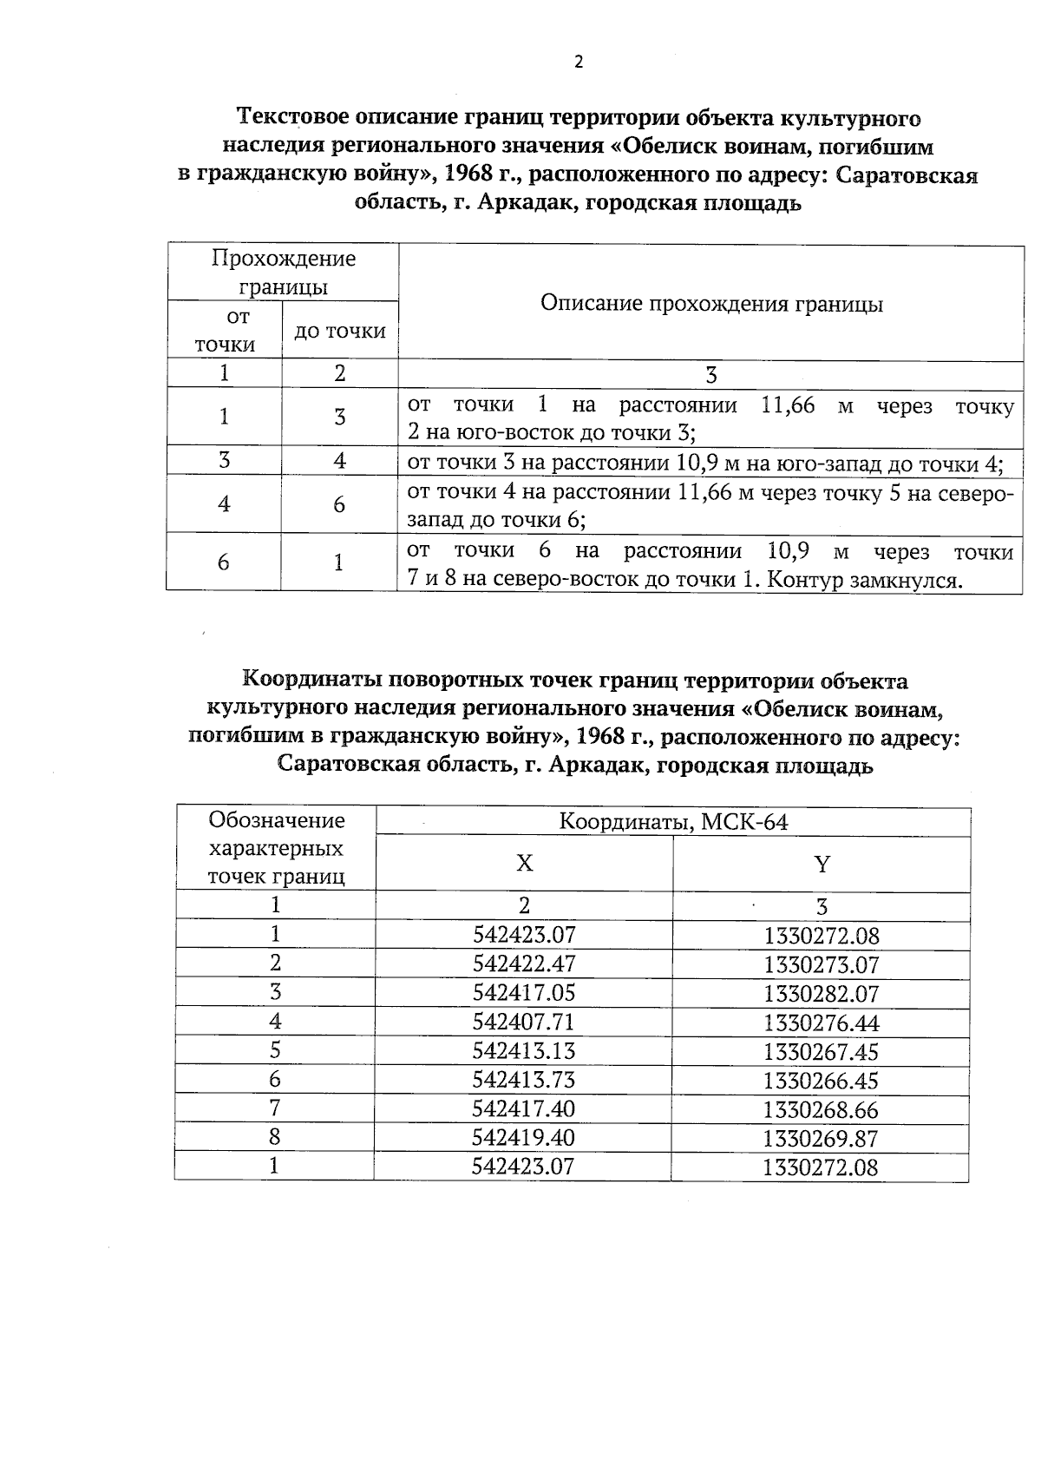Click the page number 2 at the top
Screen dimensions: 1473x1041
point(579,62)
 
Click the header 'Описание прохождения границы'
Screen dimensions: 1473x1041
point(711,304)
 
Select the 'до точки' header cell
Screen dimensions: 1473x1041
point(340,331)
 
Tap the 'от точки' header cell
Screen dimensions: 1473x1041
point(225,331)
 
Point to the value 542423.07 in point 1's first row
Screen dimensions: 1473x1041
point(524,935)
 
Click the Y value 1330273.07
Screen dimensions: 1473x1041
point(822,964)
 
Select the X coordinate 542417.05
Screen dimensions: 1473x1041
point(524,993)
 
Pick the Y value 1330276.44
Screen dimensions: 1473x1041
point(822,1023)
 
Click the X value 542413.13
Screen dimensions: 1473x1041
point(524,1051)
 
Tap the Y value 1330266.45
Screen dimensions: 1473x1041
point(822,1081)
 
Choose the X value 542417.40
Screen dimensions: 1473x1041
point(524,1109)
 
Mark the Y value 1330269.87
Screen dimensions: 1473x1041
point(822,1139)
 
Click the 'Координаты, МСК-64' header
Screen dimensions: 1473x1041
point(673,822)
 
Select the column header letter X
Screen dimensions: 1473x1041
point(524,864)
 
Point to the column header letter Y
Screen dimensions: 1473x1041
point(822,865)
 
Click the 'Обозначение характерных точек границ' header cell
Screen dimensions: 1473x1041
point(276,848)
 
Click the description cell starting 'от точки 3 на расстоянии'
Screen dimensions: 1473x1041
point(704,463)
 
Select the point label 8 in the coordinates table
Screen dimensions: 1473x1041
point(275,1137)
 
